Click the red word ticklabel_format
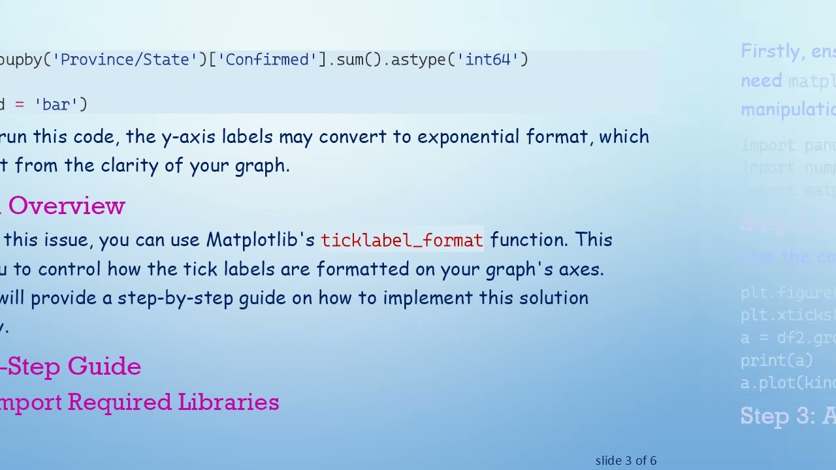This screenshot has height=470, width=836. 402,240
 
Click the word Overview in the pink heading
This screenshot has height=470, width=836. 67,206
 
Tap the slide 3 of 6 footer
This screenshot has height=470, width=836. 626,461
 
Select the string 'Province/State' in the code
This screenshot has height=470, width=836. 125,60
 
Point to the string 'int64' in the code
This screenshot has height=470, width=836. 492,60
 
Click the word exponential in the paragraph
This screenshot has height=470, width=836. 469,137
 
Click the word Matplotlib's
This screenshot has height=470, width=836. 261,240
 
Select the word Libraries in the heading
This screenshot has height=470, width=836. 228,403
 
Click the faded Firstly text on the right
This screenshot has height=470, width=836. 771,52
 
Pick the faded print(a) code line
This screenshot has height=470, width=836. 776,360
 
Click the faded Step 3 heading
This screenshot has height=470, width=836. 787,416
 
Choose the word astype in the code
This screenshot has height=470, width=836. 417,60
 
